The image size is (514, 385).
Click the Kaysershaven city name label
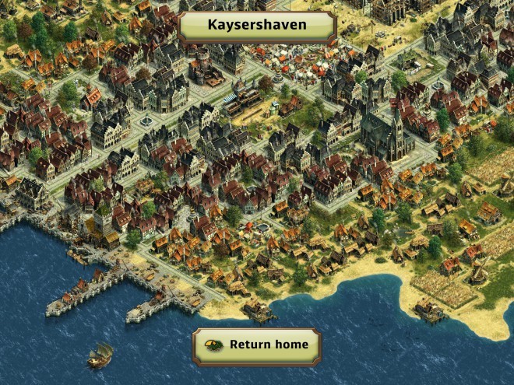257,25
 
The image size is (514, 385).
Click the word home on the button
290,345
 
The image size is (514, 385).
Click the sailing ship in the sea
99,355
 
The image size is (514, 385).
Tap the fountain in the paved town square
146,121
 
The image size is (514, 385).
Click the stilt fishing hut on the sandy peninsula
431,311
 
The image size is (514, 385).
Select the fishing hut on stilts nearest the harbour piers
259,311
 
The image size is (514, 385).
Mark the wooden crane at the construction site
503,187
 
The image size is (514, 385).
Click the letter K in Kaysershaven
212,25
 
